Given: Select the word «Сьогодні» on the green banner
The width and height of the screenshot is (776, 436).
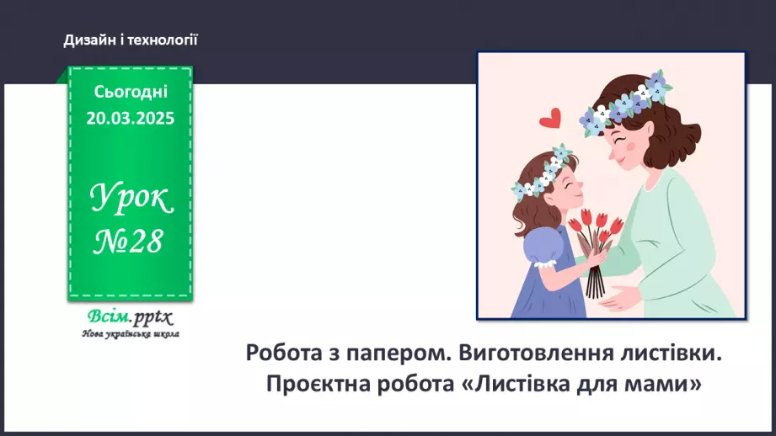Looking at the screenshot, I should click(x=131, y=93).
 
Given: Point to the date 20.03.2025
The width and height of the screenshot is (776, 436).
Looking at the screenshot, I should click(x=131, y=118).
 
